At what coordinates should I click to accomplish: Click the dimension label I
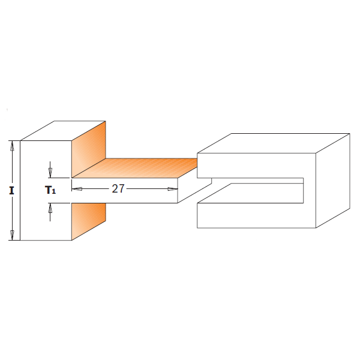coord(11,191)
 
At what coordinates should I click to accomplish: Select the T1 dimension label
coord(50,190)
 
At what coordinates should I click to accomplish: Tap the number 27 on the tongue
coord(118,188)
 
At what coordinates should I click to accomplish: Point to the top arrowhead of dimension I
coord(11,145)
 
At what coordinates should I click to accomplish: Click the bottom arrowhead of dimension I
coord(11,236)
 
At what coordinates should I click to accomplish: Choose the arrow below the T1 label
coord(50,208)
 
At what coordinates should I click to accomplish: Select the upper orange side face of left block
coord(89,150)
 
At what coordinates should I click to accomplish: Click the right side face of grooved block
coord(333,180)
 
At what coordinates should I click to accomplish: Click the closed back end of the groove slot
coord(303,189)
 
